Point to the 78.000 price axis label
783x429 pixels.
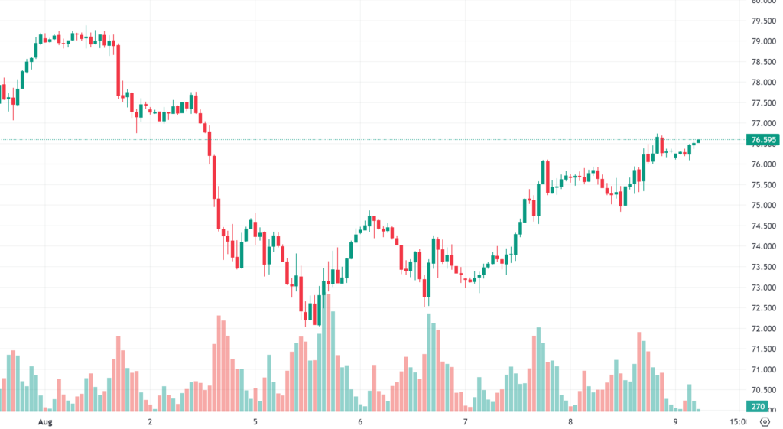(764, 83)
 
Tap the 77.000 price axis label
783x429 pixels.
(764, 124)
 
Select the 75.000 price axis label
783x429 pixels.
(764, 206)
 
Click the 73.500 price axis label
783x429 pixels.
(764, 268)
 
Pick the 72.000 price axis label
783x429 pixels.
(764, 329)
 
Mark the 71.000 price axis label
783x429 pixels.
(764, 370)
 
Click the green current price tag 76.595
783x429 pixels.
(764, 140)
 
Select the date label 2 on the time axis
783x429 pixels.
(150, 421)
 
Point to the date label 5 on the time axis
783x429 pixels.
(255, 421)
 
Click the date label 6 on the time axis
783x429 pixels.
(359, 421)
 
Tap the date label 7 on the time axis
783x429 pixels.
(465, 421)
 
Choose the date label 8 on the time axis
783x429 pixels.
(570, 421)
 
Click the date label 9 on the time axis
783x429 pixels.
(675, 421)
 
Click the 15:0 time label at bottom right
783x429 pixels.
(738, 421)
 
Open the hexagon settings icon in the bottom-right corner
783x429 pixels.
(764, 421)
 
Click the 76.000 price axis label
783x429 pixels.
(764, 165)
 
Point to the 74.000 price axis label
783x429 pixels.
(764, 247)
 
